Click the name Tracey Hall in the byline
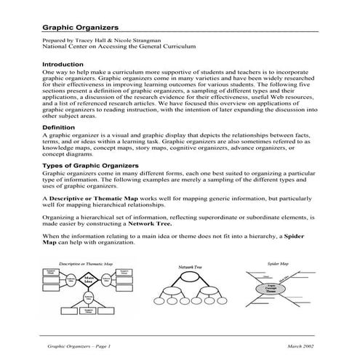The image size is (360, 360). point(92,41)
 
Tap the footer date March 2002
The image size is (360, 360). point(303,347)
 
